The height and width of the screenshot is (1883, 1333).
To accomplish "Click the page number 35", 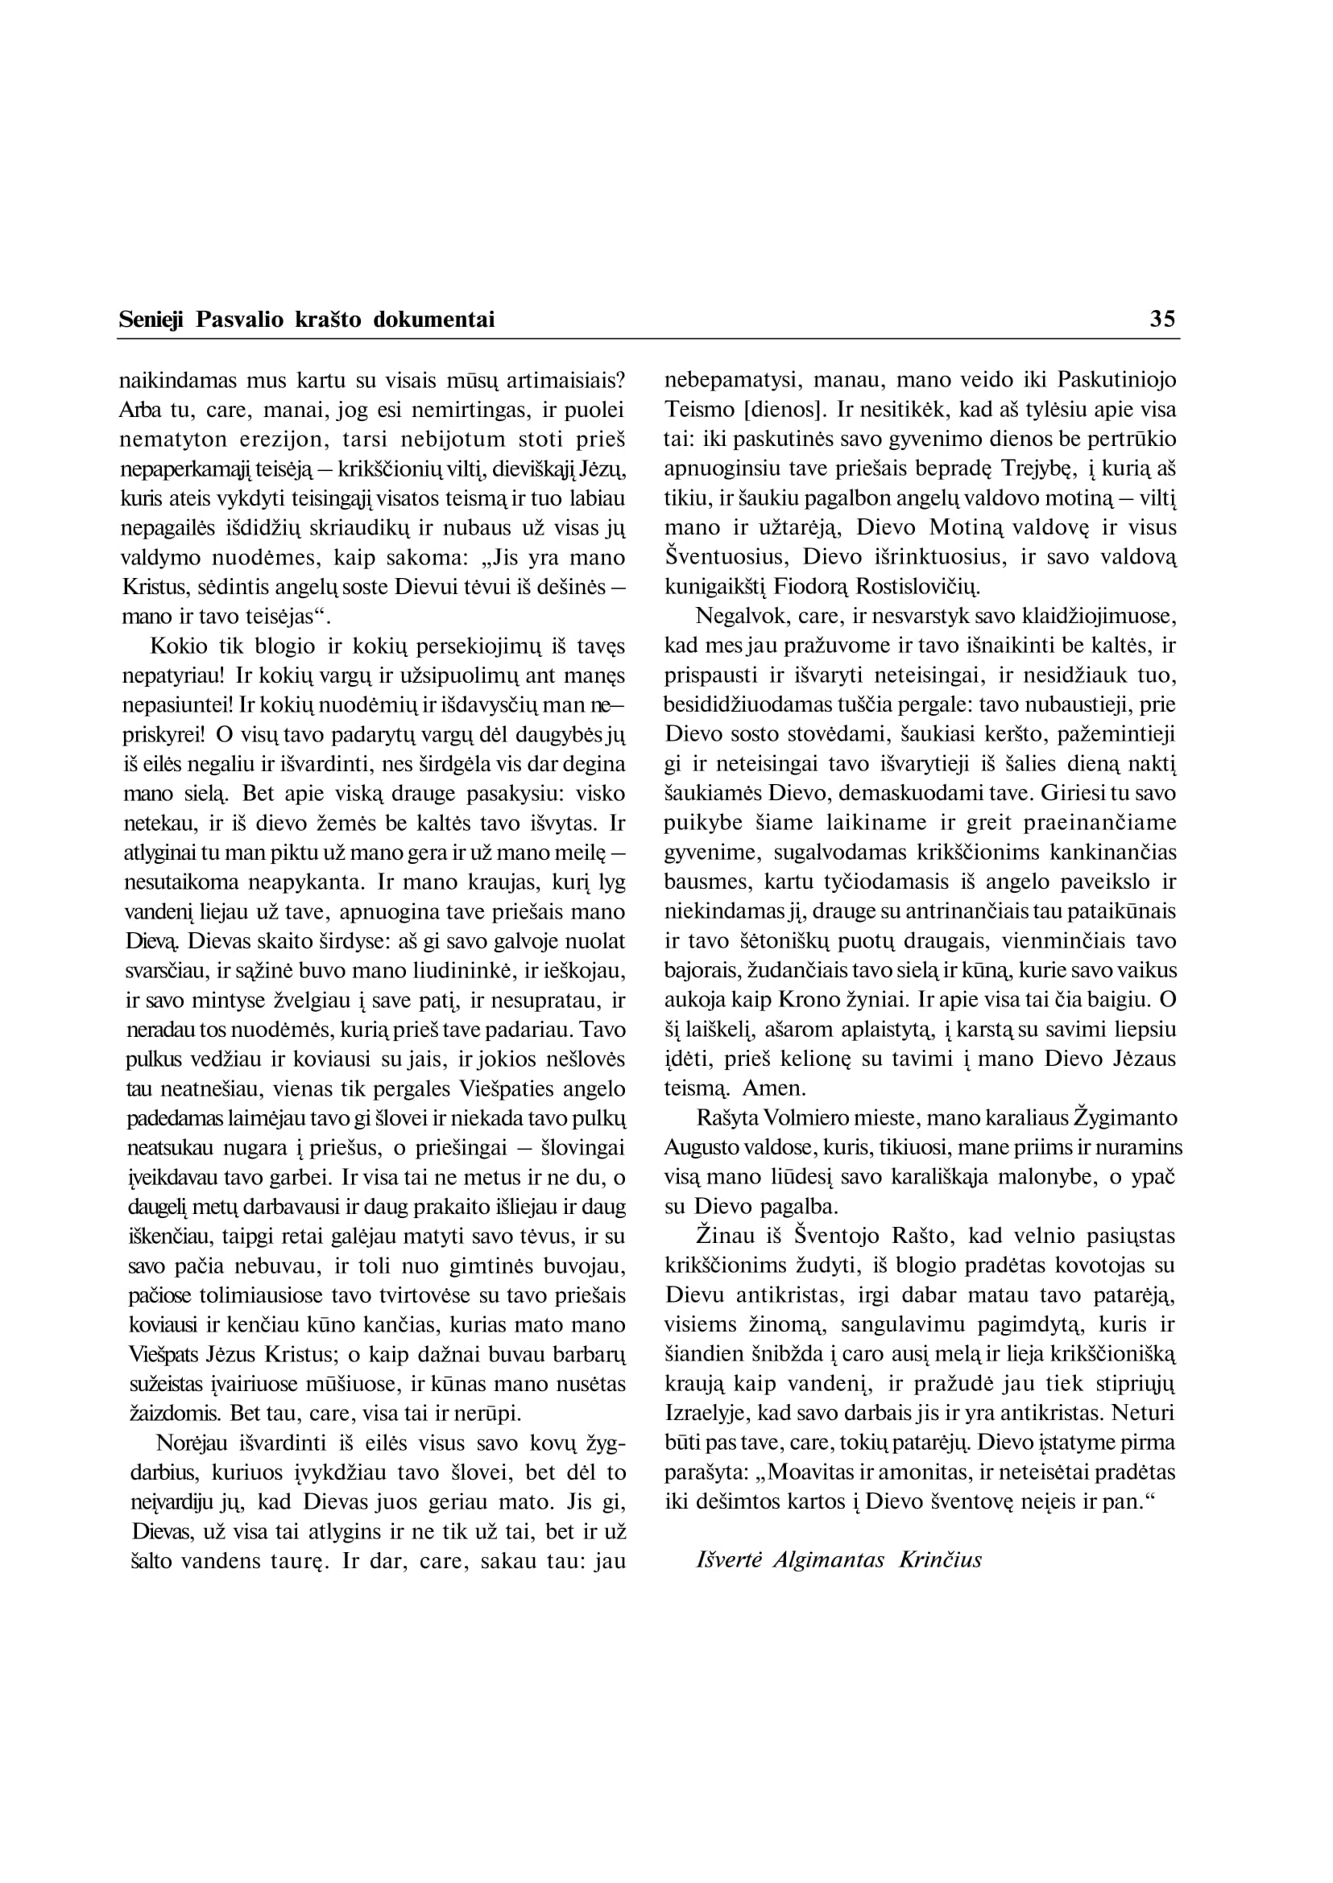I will pos(1162,318).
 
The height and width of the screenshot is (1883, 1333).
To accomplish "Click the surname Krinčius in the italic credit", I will pos(941,1559).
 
